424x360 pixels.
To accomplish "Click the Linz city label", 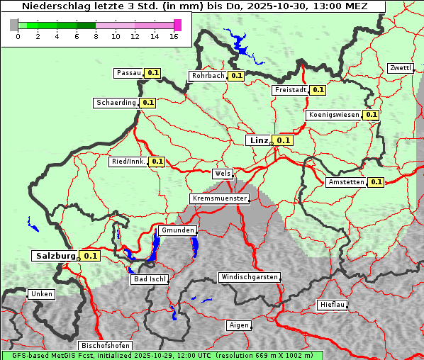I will (259, 140).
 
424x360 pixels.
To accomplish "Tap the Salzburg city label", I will (55, 255).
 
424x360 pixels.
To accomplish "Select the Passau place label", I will (129, 73).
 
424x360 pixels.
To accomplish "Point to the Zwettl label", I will (400, 68).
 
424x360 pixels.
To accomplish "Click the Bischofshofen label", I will (104, 346).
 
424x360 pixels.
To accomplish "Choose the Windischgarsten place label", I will (249, 277).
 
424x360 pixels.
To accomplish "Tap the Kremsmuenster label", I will (219, 198).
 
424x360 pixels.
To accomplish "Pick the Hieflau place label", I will (333, 305).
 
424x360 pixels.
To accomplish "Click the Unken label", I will (41, 294).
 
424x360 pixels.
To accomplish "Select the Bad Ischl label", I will (150, 279).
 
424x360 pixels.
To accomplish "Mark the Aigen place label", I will (239, 325).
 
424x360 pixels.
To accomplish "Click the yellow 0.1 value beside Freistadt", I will (318, 90).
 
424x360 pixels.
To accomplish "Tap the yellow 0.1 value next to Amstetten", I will (376, 182).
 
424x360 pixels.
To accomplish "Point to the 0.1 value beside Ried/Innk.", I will (157, 162).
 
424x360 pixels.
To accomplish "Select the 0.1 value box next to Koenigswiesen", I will (371, 115).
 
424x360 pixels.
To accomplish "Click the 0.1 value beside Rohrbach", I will (236, 76).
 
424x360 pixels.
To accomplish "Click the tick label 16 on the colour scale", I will (174, 36).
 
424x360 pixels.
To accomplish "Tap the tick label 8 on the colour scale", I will (96, 36).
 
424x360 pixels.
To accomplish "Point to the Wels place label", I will (222, 174).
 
